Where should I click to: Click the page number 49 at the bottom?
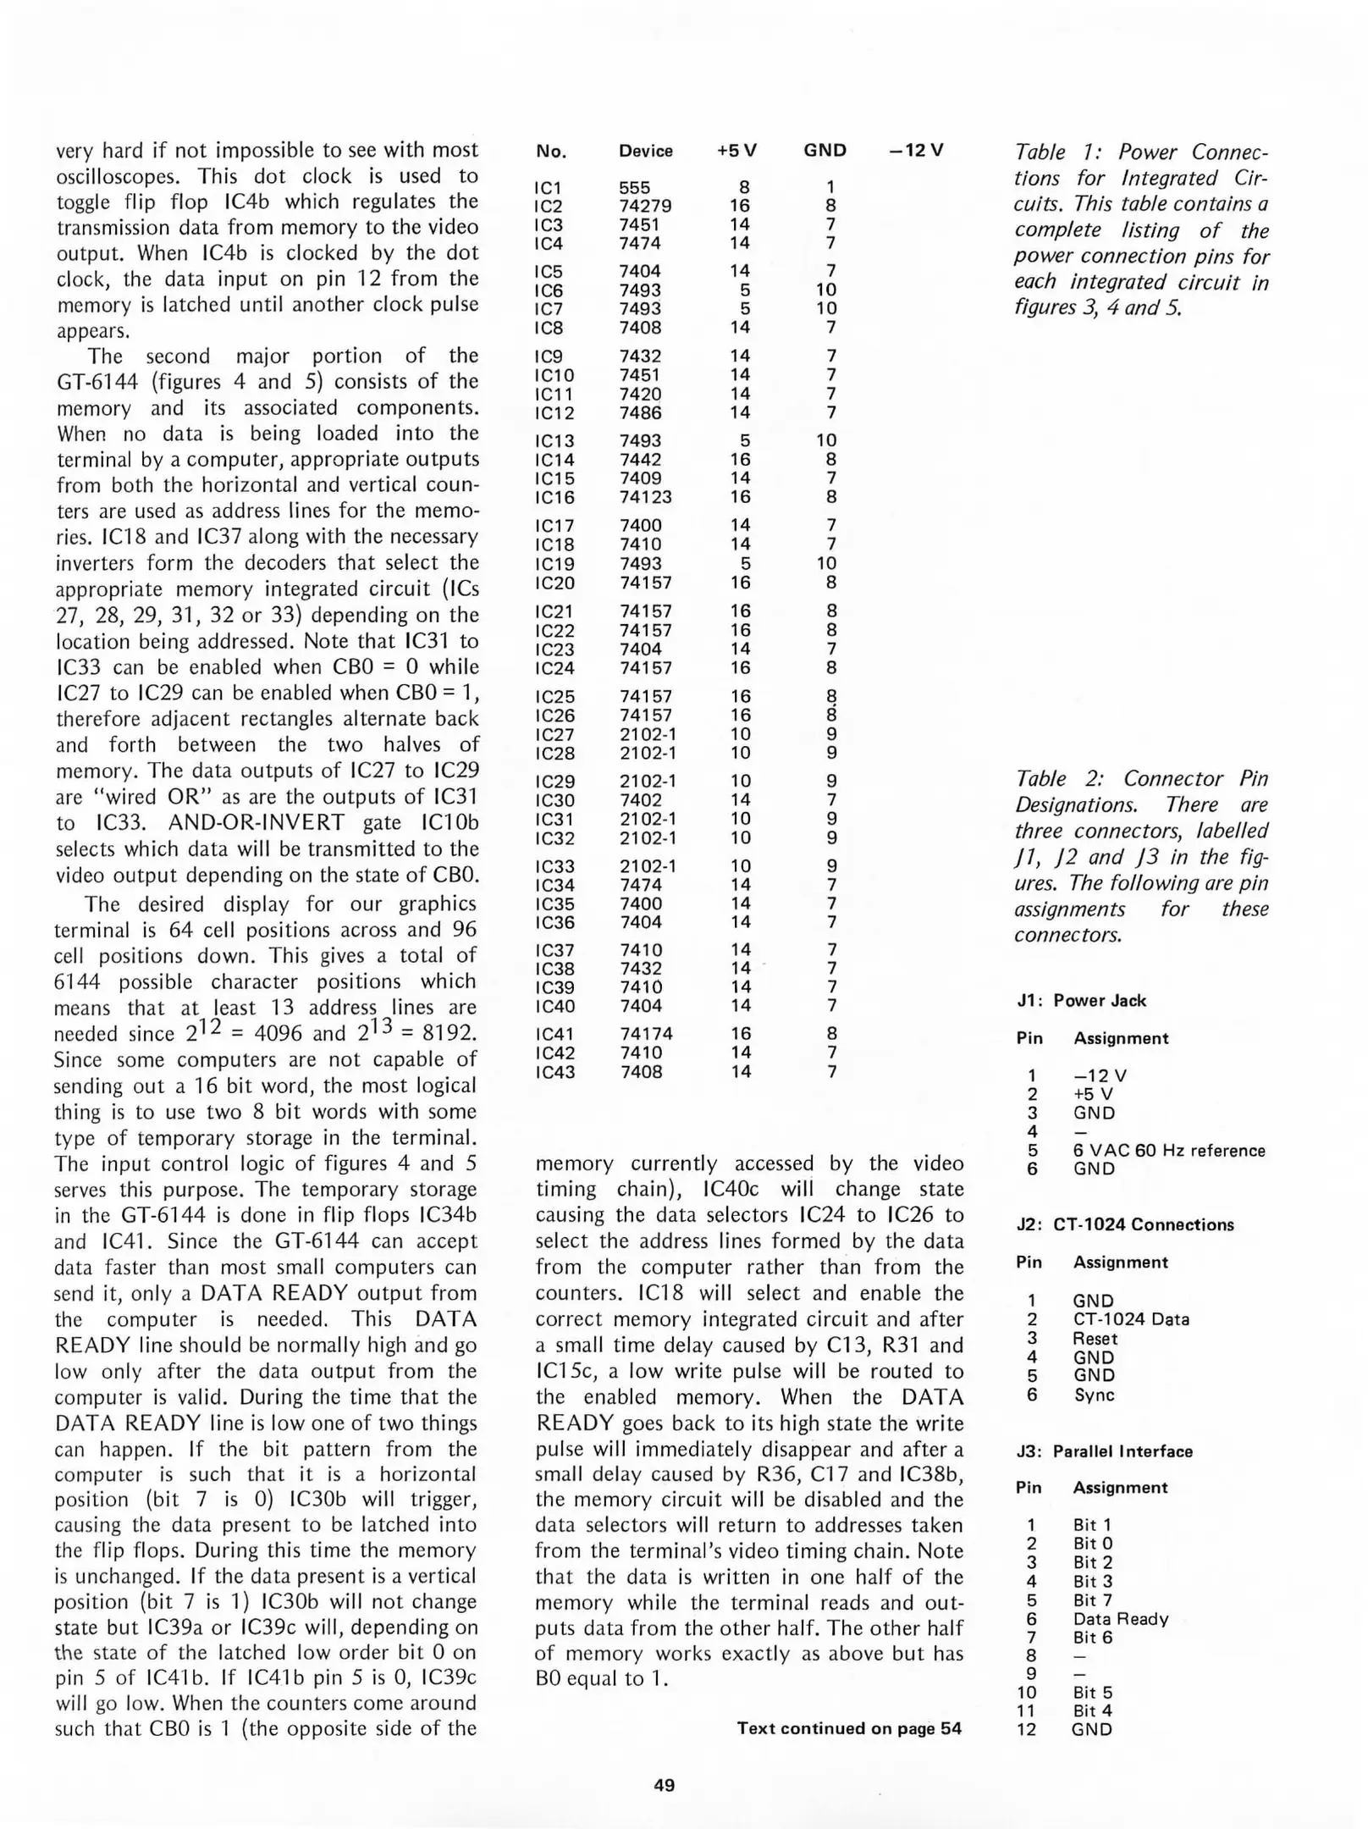click(664, 1785)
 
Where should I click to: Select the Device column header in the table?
click(645, 151)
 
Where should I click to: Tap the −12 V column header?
click(915, 151)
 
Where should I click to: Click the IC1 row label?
click(548, 187)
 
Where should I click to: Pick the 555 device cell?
click(634, 187)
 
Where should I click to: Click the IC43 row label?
click(554, 1072)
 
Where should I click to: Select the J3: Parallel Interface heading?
click(1104, 1451)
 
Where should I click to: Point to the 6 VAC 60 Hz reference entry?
click(1168, 1150)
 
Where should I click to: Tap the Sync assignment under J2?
click(1094, 1395)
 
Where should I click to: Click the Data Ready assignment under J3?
click(1120, 1618)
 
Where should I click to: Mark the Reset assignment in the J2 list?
click(1095, 1339)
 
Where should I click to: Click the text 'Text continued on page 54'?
click(848, 1728)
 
